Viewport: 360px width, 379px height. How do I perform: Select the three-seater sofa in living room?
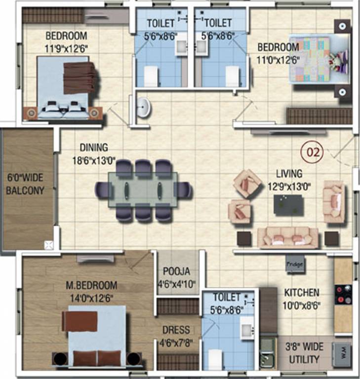(x=288, y=237)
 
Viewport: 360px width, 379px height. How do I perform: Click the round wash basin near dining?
(x=143, y=108)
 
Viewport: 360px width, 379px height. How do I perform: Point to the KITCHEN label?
(x=301, y=293)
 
